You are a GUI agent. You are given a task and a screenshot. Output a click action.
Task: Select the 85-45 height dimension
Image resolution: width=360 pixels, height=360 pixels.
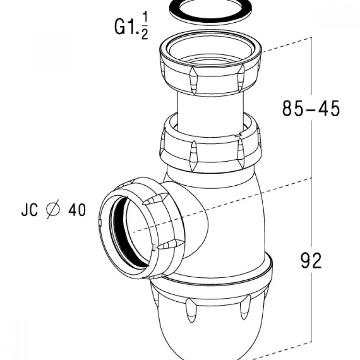click(x=310, y=108)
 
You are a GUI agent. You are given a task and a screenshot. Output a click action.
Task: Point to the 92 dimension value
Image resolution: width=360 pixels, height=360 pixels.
click(x=311, y=260)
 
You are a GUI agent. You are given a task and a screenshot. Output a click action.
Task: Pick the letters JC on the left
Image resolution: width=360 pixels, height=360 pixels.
click(x=29, y=210)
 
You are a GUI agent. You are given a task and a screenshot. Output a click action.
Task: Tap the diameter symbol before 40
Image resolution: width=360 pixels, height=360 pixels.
click(x=53, y=210)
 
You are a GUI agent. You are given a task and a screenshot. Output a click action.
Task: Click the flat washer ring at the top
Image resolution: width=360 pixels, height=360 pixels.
click(x=210, y=13)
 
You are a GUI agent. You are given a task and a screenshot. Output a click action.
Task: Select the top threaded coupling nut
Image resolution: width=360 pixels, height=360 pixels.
click(x=210, y=62)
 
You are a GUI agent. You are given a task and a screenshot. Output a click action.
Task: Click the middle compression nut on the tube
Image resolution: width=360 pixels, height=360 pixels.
click(x=210, y=142)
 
